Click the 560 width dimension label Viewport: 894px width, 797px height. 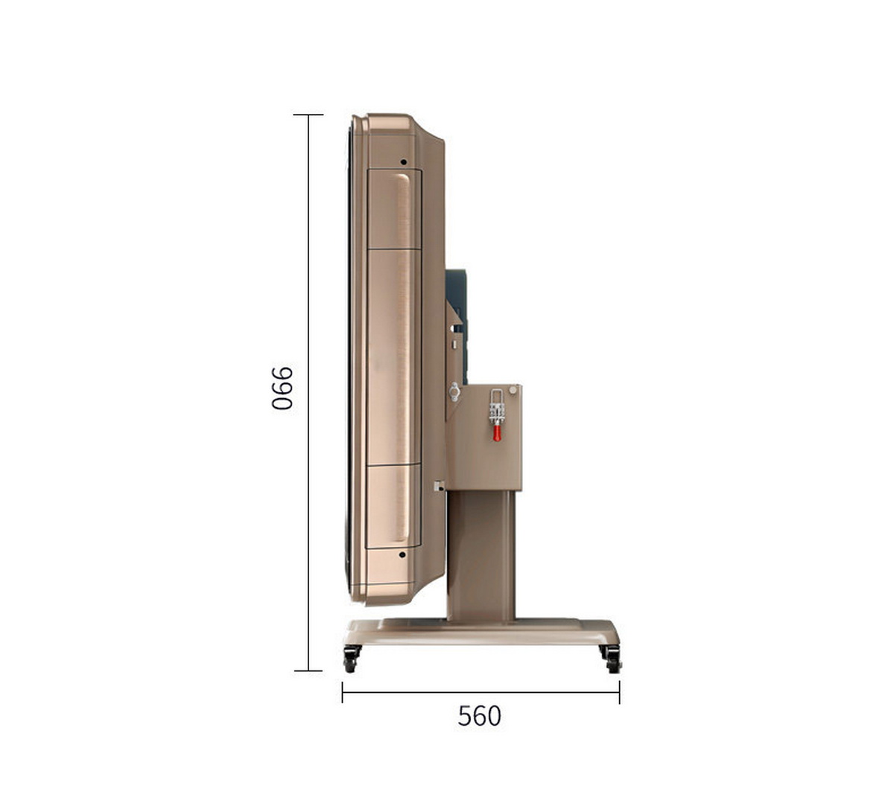coord(479,716)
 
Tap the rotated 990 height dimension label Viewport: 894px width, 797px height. coord(282,388)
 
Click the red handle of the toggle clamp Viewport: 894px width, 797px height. coord(497,433)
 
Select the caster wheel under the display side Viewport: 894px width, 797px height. coord(351,659)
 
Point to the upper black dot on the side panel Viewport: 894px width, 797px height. coord(403,162)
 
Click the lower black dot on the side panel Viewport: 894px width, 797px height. coord(402,554)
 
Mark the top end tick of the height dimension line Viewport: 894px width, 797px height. coord(308,115)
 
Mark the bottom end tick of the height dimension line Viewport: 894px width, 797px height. coord(308,671)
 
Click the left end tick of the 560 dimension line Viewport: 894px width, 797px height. coord(343,692)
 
